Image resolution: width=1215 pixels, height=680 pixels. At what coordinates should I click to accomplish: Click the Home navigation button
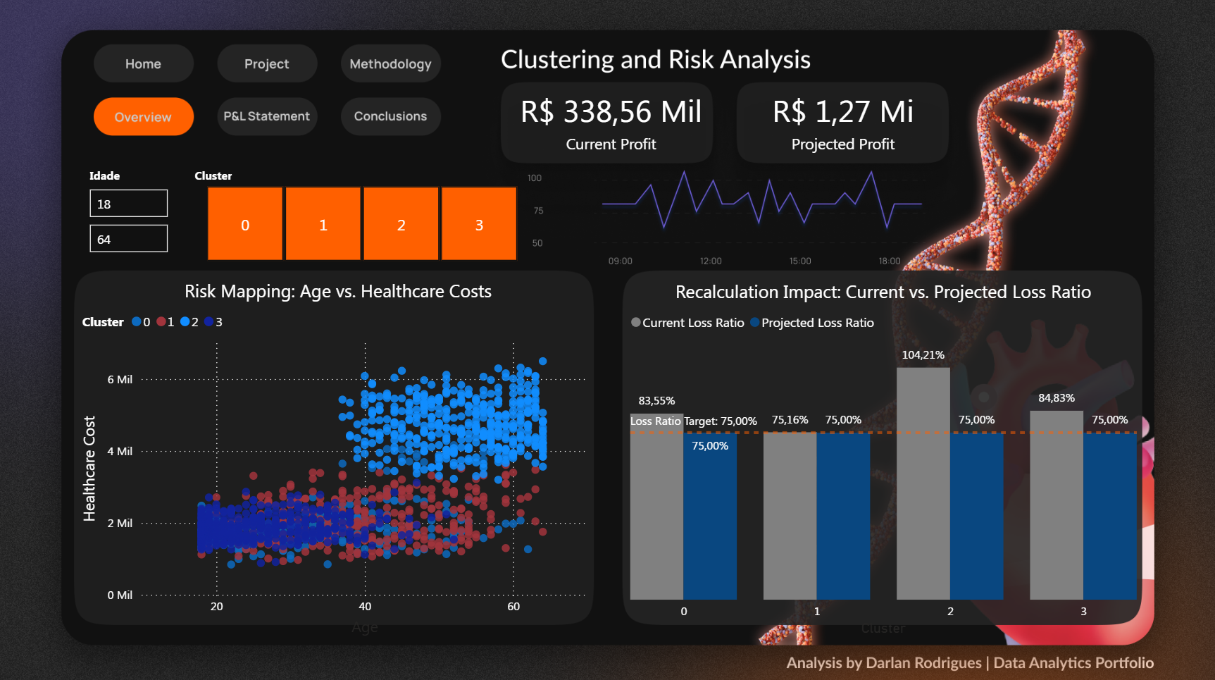point(143,64)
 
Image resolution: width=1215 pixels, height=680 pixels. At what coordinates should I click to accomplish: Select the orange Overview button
point(143,117)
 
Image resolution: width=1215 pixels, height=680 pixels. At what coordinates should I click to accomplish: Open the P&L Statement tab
point(266,116)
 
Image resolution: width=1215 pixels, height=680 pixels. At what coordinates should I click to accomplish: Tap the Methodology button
point(390,64)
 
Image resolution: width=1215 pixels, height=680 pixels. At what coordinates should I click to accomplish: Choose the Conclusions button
point(390,116)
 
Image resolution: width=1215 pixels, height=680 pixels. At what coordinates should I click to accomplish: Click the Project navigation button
point(266,64)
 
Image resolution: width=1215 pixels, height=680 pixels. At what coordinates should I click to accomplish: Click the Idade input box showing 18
point(128,204)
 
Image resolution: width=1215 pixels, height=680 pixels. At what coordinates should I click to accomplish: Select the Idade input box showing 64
point(128,239)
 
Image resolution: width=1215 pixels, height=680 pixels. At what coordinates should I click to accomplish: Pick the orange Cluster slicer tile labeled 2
point(401,224)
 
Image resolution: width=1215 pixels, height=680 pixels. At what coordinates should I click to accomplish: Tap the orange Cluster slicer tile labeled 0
point(245,224)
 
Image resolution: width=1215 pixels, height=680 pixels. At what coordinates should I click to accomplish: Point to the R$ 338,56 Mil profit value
point(611,112)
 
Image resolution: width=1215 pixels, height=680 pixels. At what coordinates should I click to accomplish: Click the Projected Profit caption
point(842,144)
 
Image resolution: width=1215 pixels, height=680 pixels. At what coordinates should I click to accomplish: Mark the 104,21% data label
point(923,355)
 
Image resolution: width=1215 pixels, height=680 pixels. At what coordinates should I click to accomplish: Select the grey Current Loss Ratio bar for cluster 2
point(923,486)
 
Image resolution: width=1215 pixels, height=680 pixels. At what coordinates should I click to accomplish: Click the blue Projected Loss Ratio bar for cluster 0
point(709,521)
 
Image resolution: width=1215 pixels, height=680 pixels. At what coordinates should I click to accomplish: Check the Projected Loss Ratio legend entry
point(817,323)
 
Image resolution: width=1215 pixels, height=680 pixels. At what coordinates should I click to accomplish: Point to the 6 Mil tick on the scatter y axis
point(120,380)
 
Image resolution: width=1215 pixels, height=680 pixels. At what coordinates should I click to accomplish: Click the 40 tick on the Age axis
point(365,607)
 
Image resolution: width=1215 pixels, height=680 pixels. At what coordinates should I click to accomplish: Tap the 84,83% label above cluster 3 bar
point(1056,398)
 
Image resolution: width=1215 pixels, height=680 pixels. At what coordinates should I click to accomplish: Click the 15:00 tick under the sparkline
point(799,261)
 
